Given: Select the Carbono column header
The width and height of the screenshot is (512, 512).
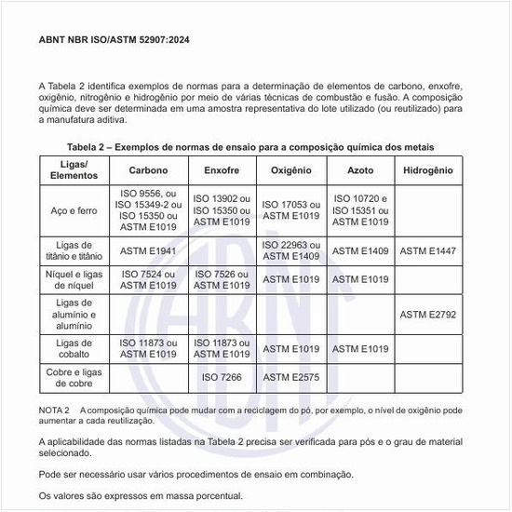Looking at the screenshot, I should tap(149, 171).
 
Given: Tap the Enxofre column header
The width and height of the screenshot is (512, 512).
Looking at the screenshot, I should tap(222, 171).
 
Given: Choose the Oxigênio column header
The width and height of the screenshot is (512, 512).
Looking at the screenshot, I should tap(291, 171).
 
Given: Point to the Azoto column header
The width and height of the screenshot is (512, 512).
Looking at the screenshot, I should tap(360, 171).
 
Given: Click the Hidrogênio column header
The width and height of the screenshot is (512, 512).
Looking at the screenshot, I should tap(428, 171).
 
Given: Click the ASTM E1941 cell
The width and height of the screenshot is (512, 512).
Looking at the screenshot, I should tap(149, 250).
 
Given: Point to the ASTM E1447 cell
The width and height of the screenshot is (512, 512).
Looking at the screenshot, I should tap(428, 250).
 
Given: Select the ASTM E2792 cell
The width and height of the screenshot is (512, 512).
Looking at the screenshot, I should tap(428, 314).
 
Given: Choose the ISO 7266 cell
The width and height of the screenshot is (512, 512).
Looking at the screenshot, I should tap(222, 378).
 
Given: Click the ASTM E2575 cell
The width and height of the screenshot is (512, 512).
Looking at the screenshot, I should tap(291, 378).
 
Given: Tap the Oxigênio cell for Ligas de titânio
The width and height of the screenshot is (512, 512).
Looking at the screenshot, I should tap(291, 250).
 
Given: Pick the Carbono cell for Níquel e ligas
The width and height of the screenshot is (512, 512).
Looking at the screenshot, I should tap(149, 279).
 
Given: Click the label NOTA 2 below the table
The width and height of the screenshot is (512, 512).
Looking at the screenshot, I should tap(54, 411).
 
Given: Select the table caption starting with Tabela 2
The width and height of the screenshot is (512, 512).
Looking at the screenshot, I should tap(250, 147).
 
